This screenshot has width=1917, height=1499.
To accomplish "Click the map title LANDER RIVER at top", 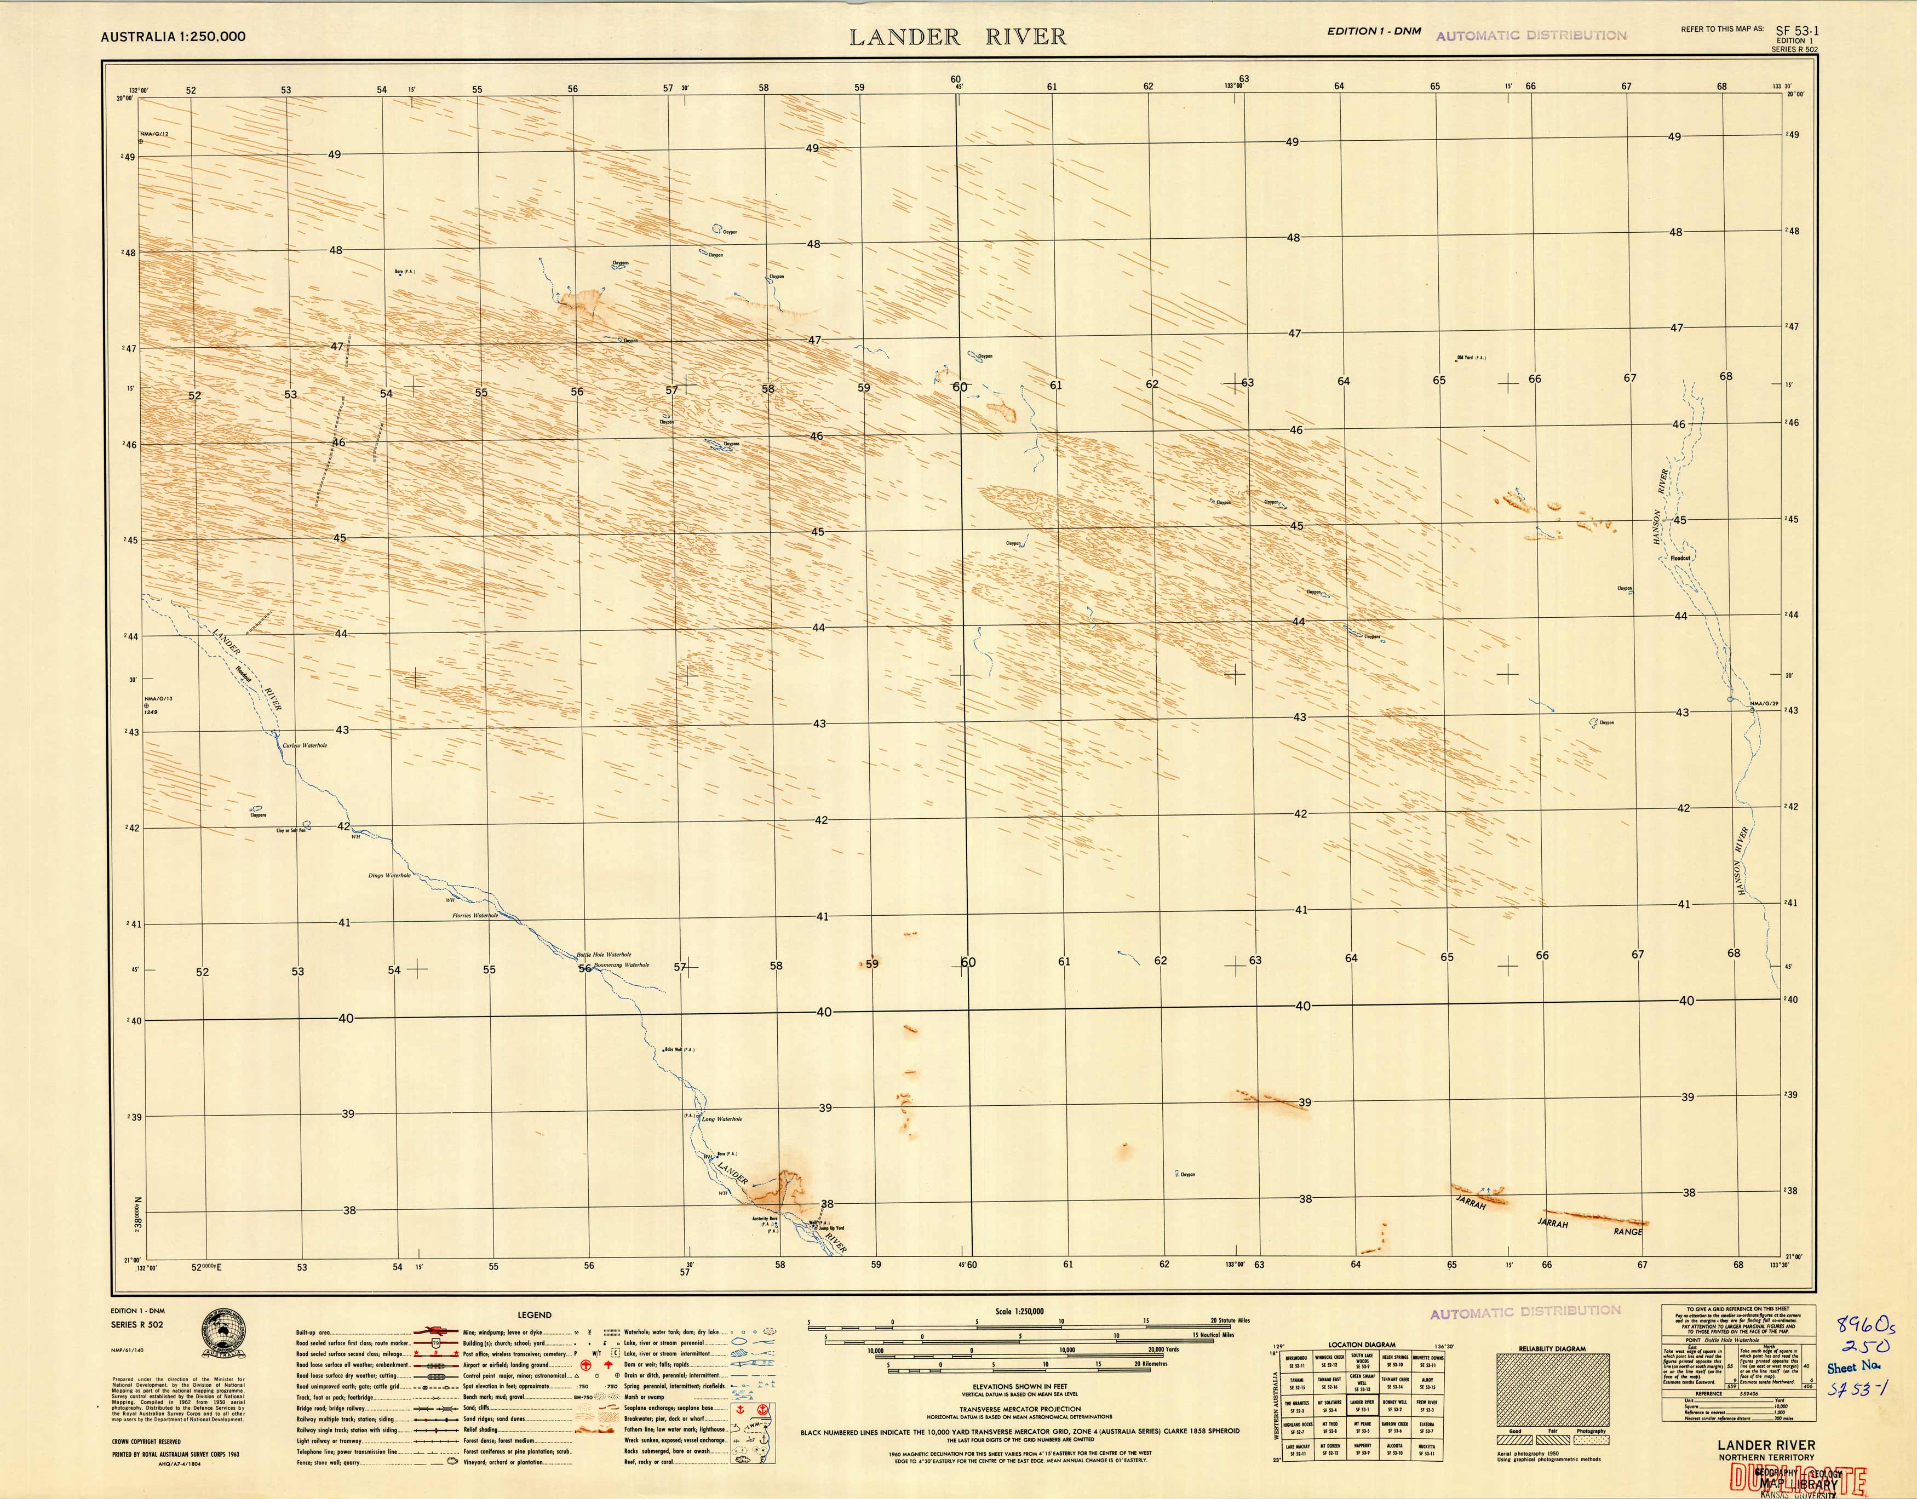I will coord(957,37).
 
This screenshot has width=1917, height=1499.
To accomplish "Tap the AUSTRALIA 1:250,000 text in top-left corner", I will coord(173,37).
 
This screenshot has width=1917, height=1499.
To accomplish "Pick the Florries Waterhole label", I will coord(475,915).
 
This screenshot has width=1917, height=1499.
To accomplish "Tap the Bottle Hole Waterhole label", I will coord(604,954).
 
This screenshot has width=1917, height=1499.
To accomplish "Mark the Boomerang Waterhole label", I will coord(622,964).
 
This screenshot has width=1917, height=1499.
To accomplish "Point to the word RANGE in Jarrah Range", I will coord(1627,1231).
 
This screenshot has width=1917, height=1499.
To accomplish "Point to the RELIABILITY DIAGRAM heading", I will coord(1551,1349).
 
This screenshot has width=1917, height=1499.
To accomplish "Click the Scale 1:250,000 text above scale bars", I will coord(1019,1311).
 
